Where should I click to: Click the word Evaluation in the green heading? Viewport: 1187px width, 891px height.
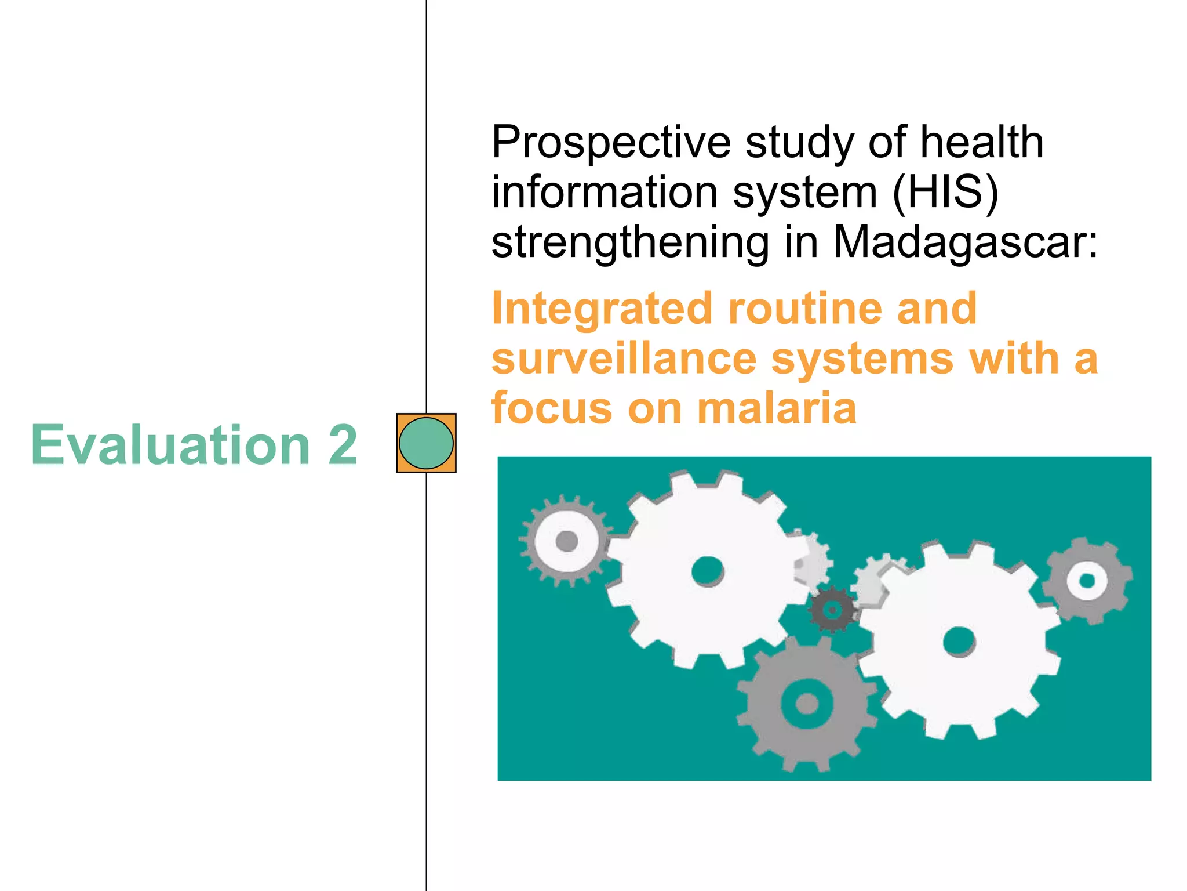tap(170, 445)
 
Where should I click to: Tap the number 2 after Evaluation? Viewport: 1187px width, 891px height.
tap(342, 445)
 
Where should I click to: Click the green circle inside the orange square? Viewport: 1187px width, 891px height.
tap(426, 443)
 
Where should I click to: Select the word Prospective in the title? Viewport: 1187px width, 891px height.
tap(611, 143)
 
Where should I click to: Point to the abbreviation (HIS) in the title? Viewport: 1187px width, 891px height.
tap(945, 192)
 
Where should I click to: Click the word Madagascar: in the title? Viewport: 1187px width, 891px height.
tap(965, 242)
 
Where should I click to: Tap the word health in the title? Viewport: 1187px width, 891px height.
tap(982, 143)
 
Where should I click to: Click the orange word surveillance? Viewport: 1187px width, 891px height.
tap(624, 359)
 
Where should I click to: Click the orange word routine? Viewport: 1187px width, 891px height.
tap(805, 309)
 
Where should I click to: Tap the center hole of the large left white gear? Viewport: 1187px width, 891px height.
tap(708, 571)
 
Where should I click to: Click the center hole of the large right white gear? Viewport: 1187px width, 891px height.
tap(959, 642)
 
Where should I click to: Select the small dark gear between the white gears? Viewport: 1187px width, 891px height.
tap(833, 610)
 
